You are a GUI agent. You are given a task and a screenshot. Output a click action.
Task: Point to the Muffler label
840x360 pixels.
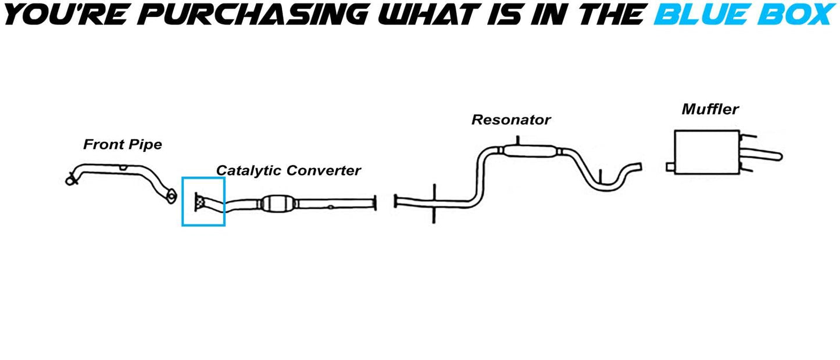(x=710, y=109)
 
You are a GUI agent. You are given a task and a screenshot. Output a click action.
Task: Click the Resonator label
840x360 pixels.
(x=510, y=120)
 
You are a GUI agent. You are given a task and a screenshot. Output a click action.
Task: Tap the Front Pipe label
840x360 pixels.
(x=122, y=145)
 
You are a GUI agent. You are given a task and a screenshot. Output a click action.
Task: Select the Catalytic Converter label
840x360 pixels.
(x=288, y=171)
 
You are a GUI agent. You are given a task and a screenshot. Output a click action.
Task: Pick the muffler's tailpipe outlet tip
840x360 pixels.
(x=778, y=156)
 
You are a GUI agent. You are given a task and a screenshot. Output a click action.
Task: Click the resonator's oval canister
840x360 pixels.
(x=529, y=152)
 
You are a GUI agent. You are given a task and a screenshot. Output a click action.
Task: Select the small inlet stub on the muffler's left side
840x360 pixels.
(x=670, y=167)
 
